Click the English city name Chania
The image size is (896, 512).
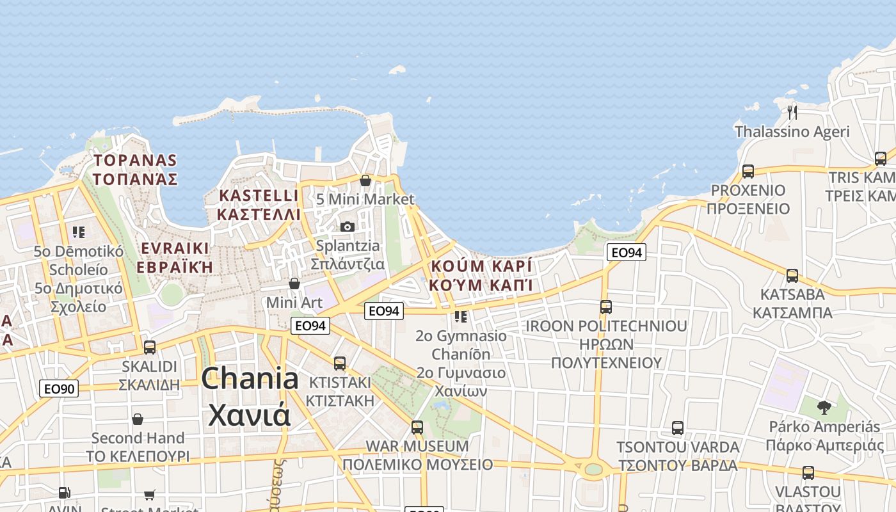(250, 379)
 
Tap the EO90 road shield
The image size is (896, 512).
(59, 388)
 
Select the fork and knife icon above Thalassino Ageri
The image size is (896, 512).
(792, 113)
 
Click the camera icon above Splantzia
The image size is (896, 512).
(348, 227)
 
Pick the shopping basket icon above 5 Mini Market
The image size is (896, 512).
(365, 180)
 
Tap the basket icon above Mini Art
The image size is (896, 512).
(294, 283)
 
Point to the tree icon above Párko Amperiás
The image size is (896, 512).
(824, 407)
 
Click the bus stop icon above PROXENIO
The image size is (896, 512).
(748, 172)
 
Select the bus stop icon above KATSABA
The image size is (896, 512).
(792, 276)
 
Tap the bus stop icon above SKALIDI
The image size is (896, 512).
(150, 348)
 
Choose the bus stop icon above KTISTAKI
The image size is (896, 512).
(340, 364)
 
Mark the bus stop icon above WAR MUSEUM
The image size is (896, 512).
(417, 427)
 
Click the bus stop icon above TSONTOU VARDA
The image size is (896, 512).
(678, 428)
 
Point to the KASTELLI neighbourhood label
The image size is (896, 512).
(259, 196)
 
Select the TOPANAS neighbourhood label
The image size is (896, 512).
(135, 161)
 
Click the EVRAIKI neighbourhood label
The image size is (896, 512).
(175, 248)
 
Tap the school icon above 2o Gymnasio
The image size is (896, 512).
(461, 317)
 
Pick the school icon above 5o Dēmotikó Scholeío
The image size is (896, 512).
(79, 232)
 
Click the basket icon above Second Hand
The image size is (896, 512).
(138, 419)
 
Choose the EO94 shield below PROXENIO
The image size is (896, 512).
(626, 253)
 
